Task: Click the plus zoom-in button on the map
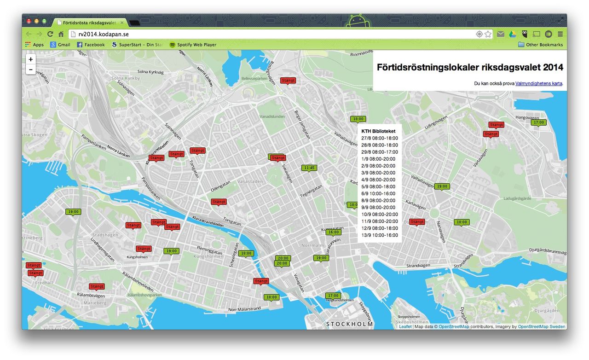(31, 59)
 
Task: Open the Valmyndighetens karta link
(539, 84)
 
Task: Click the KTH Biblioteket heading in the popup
(378, 131)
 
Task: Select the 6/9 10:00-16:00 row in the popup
(380, 193)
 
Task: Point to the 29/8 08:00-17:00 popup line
(380, 152)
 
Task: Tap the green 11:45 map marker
(309, 168)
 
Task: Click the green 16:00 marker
(334, 232)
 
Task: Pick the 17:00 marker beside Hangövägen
(538, 122)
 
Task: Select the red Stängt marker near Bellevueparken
(288, 81)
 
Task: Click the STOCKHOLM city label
(349, 324)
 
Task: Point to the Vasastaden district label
(251, 181)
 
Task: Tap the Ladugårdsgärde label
(517, 199)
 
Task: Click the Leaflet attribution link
(405, 327)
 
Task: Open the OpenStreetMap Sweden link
(541, 327)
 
